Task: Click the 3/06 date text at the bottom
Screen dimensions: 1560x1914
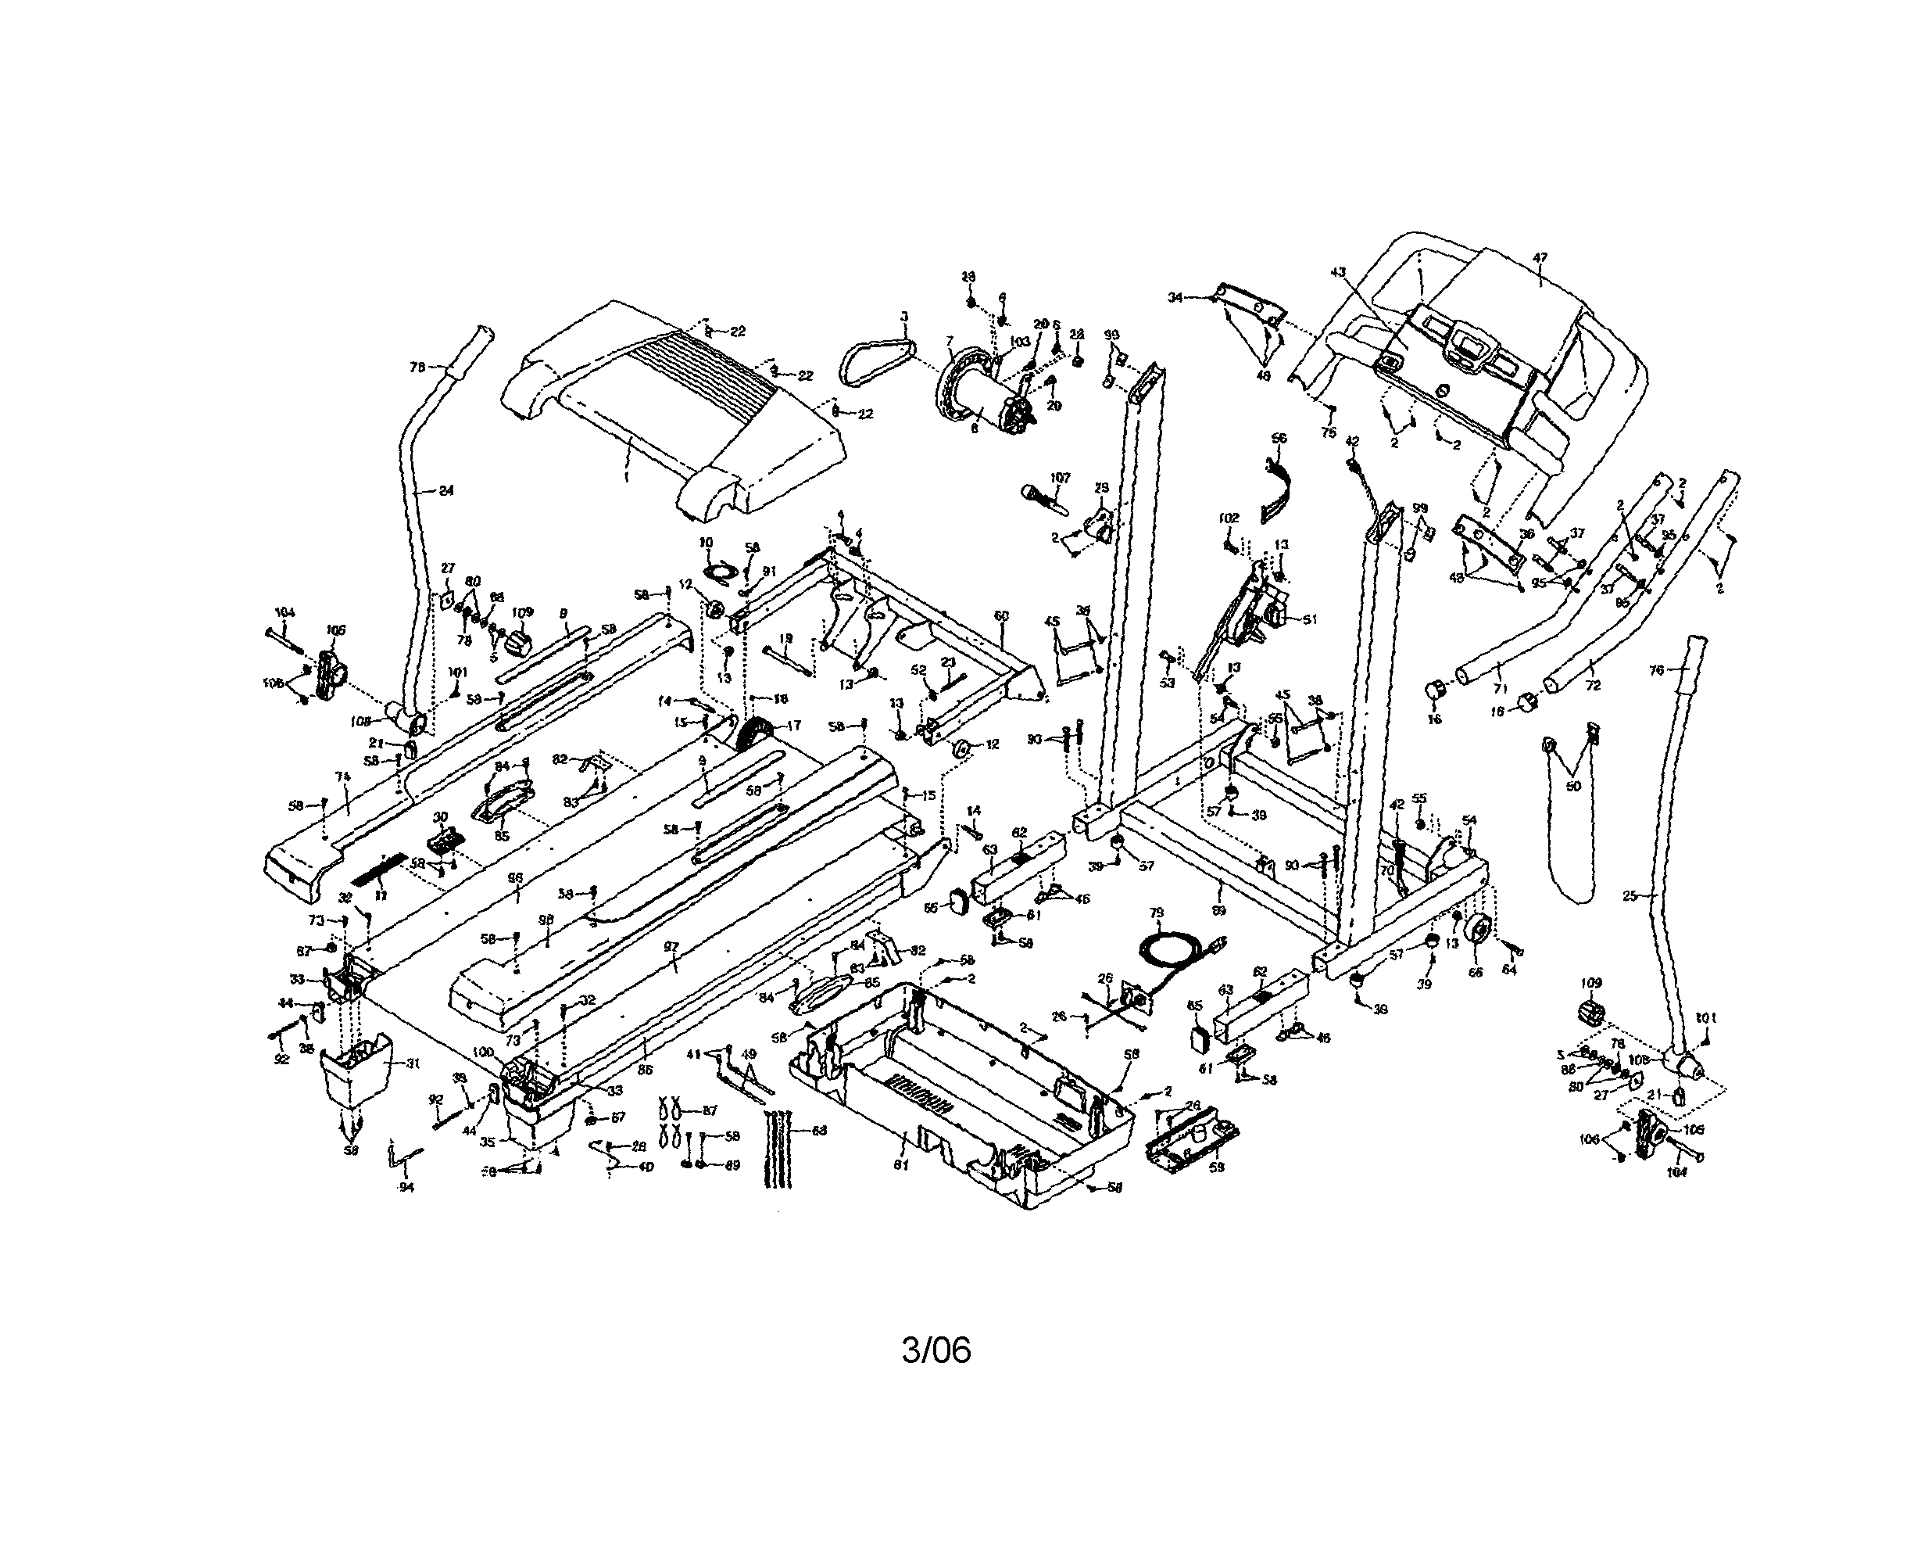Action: point(936,1349)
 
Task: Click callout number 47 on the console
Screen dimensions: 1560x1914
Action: point(1540,258)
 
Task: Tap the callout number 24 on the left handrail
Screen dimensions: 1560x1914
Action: point(446,490)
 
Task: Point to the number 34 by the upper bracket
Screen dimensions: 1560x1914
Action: point(1175,296)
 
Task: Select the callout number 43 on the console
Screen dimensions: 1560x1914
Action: point(1338,271)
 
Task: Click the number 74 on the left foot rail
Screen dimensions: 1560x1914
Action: point(342,776)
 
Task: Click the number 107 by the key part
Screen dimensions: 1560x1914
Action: point(1061,477)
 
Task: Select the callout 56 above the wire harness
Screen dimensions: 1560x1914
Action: point(1279,438)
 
